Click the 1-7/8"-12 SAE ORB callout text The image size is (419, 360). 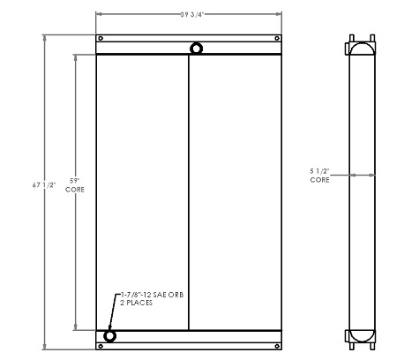151,296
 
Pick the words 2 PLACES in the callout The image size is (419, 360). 135,304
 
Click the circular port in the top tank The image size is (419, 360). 195,48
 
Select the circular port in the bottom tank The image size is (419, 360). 110,336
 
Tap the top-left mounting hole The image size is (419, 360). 101,39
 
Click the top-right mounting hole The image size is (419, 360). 278,39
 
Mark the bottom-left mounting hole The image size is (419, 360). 101,346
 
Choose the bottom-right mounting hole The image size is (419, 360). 278,346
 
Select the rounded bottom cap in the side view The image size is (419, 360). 361,335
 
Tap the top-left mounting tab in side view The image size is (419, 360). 353,39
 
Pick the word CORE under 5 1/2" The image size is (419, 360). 320,179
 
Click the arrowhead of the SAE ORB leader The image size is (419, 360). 109,328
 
